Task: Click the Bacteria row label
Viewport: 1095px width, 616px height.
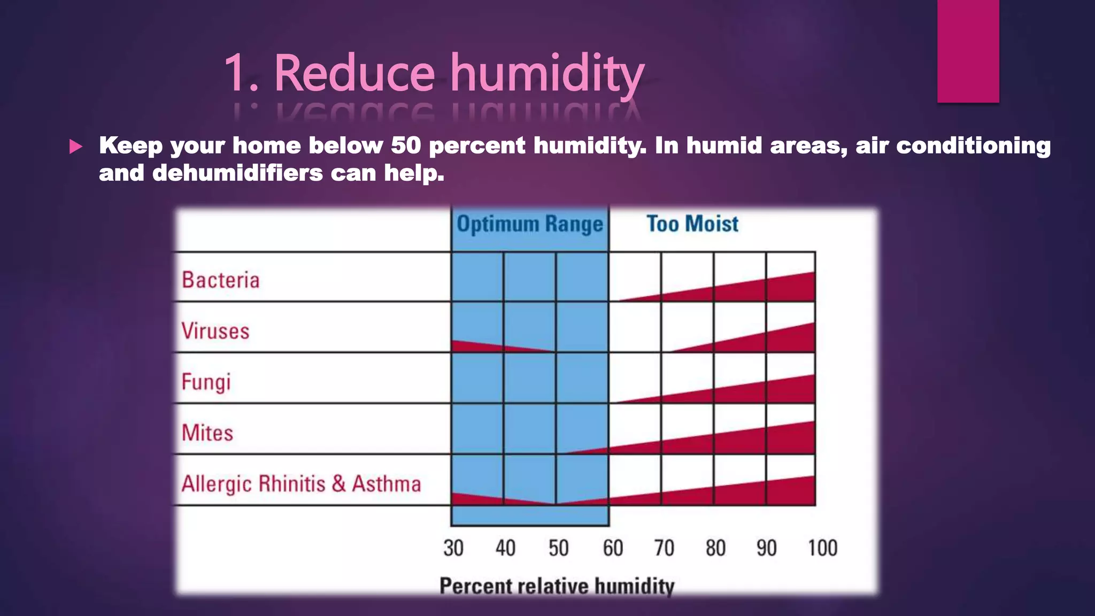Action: tap(220, 280)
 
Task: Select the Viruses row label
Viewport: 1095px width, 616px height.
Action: tap(215, 331)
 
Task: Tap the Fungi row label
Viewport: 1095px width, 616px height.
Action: tap(206, 382)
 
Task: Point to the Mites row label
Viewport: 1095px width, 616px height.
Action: tap(207, 433)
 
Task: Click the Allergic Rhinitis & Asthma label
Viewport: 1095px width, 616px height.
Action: tap(301, 484)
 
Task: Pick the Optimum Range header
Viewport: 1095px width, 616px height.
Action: tap(529, 224)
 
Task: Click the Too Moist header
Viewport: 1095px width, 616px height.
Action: tap(692, 224)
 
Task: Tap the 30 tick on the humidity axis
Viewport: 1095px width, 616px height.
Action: tap(453, 548)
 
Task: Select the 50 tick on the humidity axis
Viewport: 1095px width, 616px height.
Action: tap(559, 548)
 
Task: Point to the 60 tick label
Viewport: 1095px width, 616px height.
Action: tap(613, 548)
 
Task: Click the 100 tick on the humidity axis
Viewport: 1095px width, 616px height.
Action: tap(822, 548)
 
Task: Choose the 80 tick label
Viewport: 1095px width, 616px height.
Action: tap(715, 548)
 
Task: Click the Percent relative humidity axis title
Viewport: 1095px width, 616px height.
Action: tap(557, 586)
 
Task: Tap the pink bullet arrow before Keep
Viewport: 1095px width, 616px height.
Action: tap(76, 146)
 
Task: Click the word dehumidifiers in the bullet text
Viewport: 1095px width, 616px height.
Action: tap(237, 173)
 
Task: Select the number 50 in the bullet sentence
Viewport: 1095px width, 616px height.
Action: tap(405, 145)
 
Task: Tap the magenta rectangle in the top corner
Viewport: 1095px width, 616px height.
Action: tap(968, 51)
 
